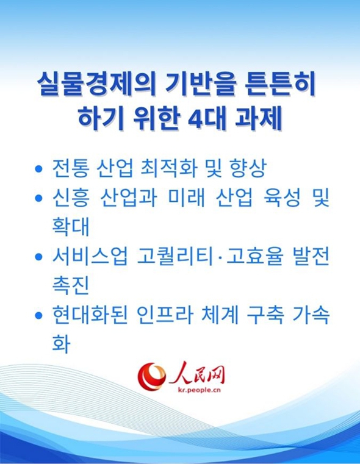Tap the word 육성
coord(277,198)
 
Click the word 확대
coord(71,227)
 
